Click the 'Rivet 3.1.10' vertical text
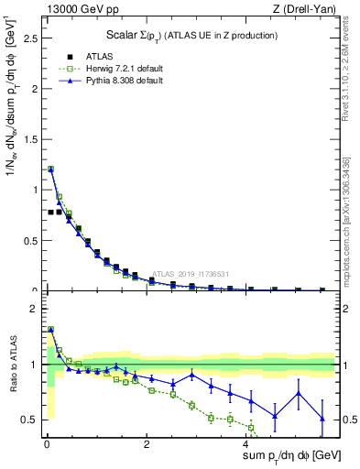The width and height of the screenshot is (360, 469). coord(345,69)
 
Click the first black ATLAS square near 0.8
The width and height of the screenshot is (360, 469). coord(50,212)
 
